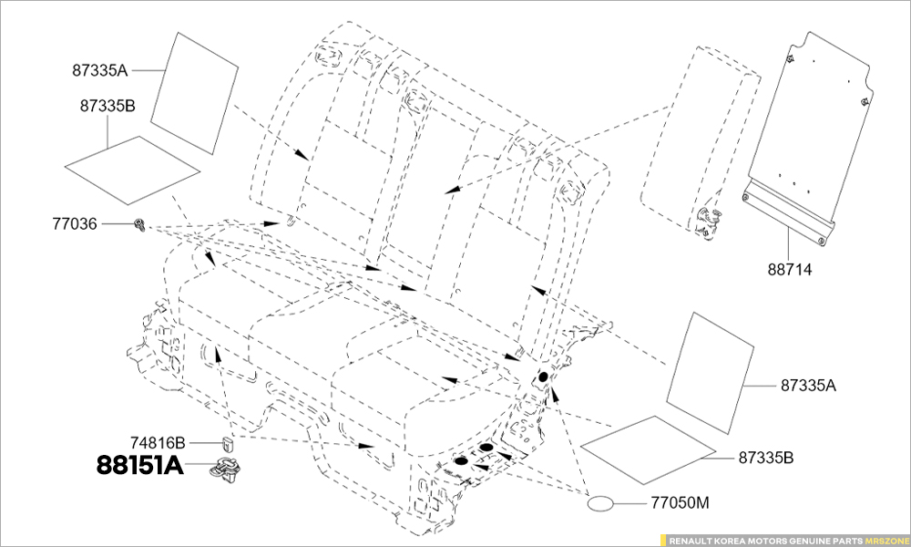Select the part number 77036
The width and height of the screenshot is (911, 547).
point(76,223)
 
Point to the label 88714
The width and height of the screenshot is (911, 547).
point(790,270)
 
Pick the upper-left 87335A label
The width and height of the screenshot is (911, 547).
point(100,70)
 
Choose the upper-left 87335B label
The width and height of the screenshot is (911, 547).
point(107,107)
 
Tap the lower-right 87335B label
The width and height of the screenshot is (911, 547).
point(766,458)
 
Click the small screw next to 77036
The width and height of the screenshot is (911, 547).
point(140,224)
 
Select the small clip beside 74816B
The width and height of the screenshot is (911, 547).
point(228,444)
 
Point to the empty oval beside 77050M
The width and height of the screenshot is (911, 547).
point(600,503)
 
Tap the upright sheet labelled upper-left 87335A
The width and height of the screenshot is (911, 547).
point(195,93)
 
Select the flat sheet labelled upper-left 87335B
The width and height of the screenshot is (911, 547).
point(132,170)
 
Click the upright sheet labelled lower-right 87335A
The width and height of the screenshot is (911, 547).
point(710,373)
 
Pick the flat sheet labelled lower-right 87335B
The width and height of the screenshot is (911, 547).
point(649,450)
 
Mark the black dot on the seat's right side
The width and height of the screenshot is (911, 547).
point(543,377)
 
